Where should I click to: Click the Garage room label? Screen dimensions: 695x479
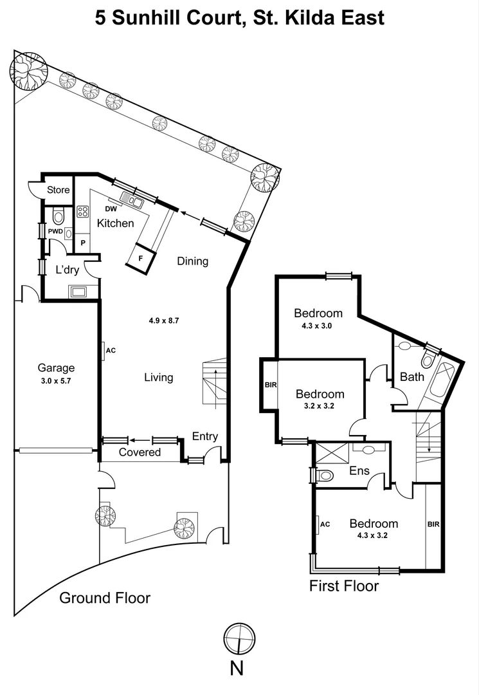tap(56, 368)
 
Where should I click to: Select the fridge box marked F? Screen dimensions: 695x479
tap(141, 258)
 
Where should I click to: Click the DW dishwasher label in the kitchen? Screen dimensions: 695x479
tap(111, 209)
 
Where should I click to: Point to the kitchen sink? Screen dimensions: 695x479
tap(131, 201)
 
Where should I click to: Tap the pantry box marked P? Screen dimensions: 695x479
tap(82, 243)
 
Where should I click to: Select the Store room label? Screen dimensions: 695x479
tap(59, 190)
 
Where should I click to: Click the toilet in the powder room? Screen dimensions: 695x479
tap(57, 216)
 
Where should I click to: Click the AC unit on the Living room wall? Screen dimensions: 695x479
tap(109, 351)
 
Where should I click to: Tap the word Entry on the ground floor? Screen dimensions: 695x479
tap(205, 436)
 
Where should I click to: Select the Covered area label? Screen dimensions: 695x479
tap(140, 452)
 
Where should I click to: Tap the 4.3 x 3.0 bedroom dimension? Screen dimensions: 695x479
tap(318, 326)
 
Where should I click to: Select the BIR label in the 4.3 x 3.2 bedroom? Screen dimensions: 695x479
tap(433, 524)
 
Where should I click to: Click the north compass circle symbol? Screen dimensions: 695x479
tap(237, 639)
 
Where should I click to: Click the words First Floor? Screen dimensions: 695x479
tap(344, 586)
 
